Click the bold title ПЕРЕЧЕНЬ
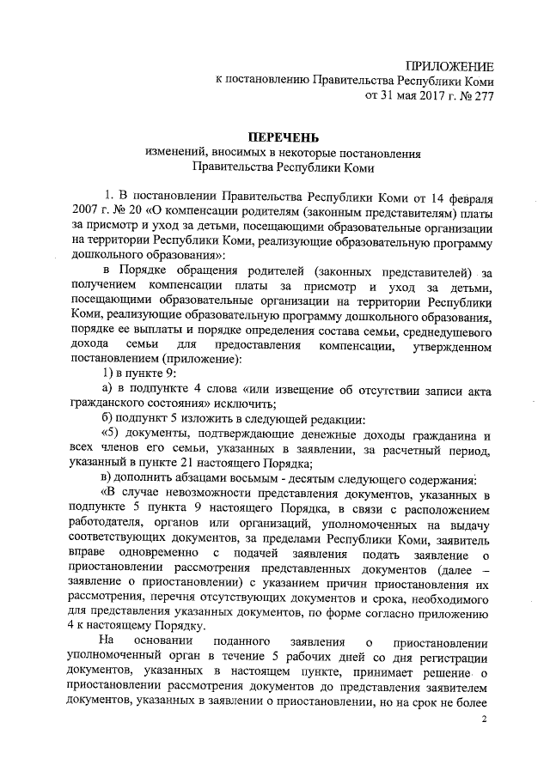click(284, 137)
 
